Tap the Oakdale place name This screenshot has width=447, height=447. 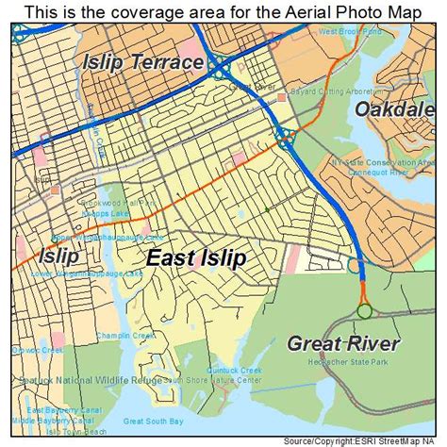tap(400, 110)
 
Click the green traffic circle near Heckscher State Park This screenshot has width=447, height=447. tap(364, 311)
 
